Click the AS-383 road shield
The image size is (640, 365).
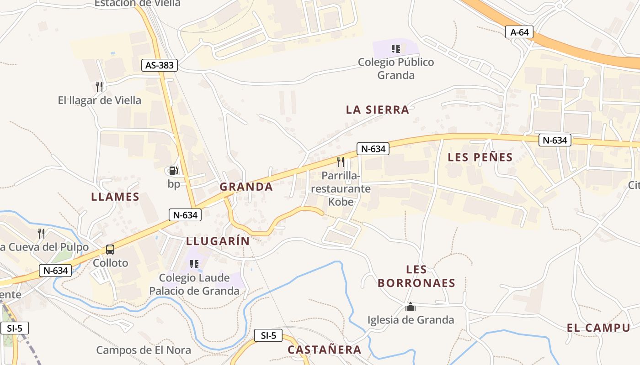(x=159, y=65)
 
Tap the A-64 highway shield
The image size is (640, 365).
(x=519, y=32)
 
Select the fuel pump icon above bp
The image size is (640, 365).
(x=174, y=171)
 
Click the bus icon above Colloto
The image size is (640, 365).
(x=110, y=250)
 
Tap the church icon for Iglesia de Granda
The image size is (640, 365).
(x=411, y=307)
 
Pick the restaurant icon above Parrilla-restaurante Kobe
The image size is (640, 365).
(x=340, y=162)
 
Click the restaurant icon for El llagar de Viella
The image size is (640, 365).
(x=99, y=86)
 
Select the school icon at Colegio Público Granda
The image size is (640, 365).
(x=396, y=48)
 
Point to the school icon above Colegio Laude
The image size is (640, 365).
(x=194, y=264)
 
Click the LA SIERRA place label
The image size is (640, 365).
(x=377, y=110)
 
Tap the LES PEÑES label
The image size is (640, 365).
(x=480, y=157)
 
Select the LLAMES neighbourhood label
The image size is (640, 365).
(x=115, y=197)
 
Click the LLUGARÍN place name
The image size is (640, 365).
(x=218, y=241)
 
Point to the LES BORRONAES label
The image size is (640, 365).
(x=416, y=276)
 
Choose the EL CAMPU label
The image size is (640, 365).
(x=598, y=328)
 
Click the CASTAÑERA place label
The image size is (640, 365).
(x=324, y=350)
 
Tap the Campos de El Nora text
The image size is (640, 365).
(x=144, y=350)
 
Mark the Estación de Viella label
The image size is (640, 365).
(x=138, y=4)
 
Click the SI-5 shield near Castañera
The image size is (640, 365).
(x=268, y=336)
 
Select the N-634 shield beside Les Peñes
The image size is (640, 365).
(x=555, y=140)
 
